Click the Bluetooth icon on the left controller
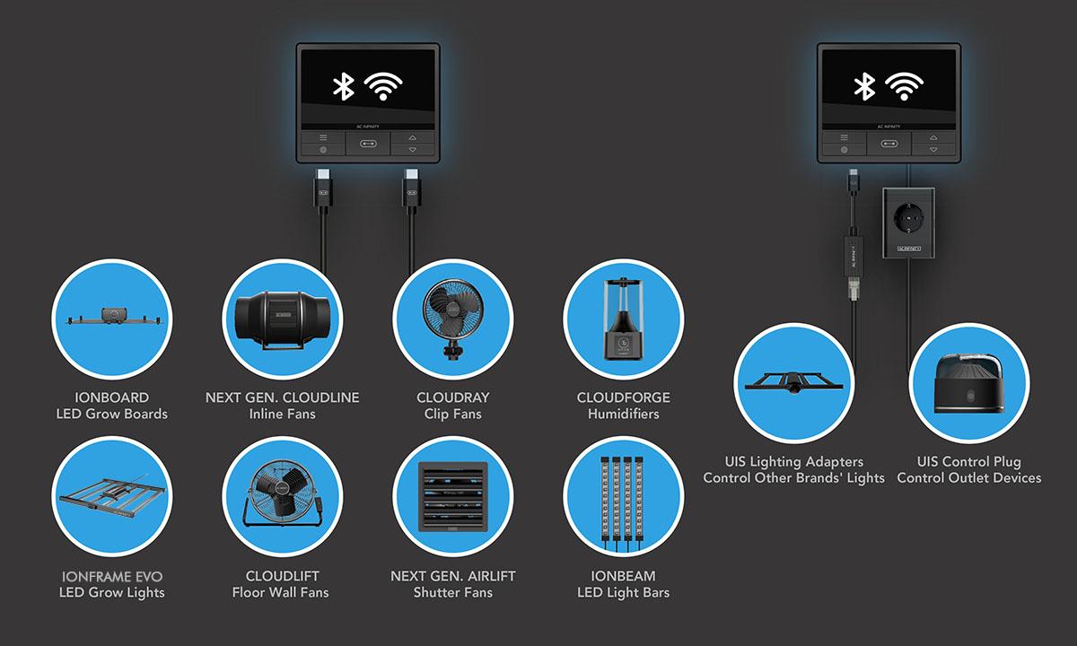click(x=344, y=86)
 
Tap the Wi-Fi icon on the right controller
click(x=904, y=86)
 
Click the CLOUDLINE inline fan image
click(x=282, y=319)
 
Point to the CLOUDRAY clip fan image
click(x=453, y=319)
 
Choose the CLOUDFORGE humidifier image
click(x=624, y=319)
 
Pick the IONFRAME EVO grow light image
click(x=112, y=496)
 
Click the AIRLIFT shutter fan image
click(x=453, y=496)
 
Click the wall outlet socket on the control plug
click(x=908, y=218)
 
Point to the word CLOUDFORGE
click(x=624, y=397)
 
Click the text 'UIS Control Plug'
click(x=968, y=462)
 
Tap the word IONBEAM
click(x=623, y=576)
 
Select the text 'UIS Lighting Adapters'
click(x=793, y=462)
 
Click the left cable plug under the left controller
click(x=323, y=188)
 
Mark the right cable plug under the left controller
click(x=412, y=188)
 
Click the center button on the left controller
click(x=368, y=144)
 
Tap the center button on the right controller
click(x=889, y=144)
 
